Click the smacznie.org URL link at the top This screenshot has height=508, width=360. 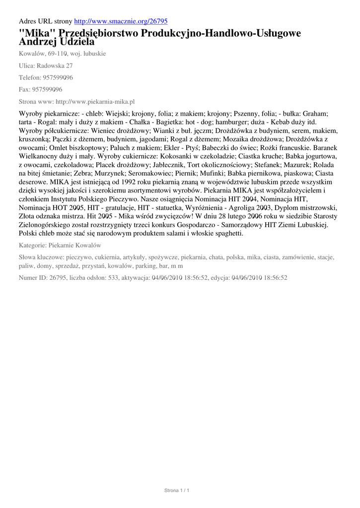coord(121,21)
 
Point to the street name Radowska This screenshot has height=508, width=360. coord(51,65)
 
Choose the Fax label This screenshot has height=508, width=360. coord(24,89)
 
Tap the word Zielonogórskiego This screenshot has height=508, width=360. coord(48,225)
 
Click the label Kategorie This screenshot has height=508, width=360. coord(32,246)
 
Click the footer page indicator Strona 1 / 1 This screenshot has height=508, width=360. coord(177,490)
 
